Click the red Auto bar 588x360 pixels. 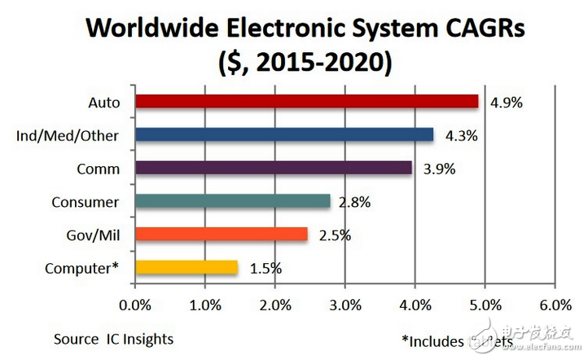pyautogui.click(x=306, y=102)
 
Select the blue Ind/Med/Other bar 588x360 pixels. pyautogui.click(x=284, y=135)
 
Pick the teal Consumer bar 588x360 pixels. pyautogui.click(x=232, y=201)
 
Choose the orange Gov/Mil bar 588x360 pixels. pyautogui.click(x=222, y=235)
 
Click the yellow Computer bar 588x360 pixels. pyautogui.click(x=186, y=267)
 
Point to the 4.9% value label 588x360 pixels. pyautogui.click(x=507, y=103)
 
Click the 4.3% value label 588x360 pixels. pyautogui.click(x=462, y=136)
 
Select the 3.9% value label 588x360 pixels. pyautogui.click(x=440, y=169)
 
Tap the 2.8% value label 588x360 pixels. pyautogui.click(x=355, y=202)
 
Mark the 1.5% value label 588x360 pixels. pyautogui.click(x=265, y=268)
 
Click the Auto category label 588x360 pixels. pyautogui.click(x=103, y=103)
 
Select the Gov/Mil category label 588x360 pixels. pyautogui.click(x=94, y=235)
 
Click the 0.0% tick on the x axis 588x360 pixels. pyautogui.click(x=135, y=307)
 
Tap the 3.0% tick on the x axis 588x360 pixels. pyautogui.click(x=344, y=307)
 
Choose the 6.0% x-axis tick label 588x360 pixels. pyautogui.click(x=554, y=307)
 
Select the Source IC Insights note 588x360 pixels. pyautogui.click(x=113, y=339)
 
